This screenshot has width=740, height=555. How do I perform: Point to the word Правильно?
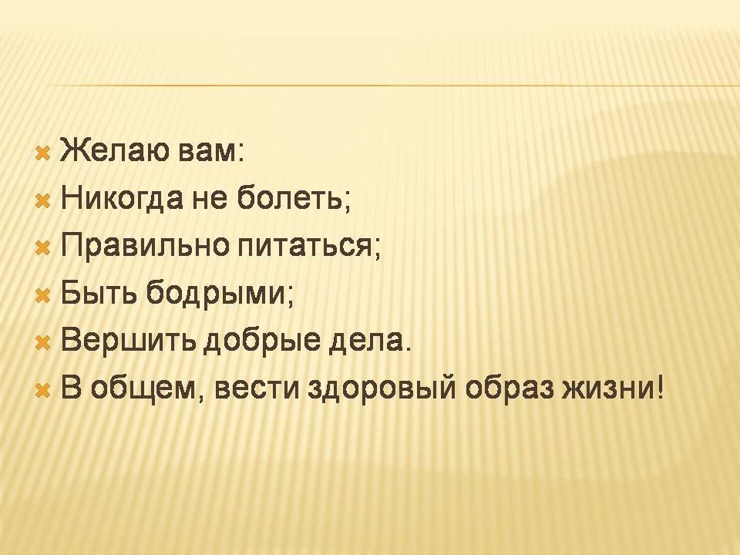pyautogui.click(x=144, y=247)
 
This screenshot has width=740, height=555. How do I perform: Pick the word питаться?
pyautogui.click(x=305, y=247)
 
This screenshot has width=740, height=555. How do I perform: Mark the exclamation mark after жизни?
pyautogui.click(x=659, y=388)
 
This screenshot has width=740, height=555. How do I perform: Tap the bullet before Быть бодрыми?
pyautogui.click(x=43, y=295)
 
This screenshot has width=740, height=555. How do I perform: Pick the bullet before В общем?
pyautogui.click(x=43, y=391)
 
